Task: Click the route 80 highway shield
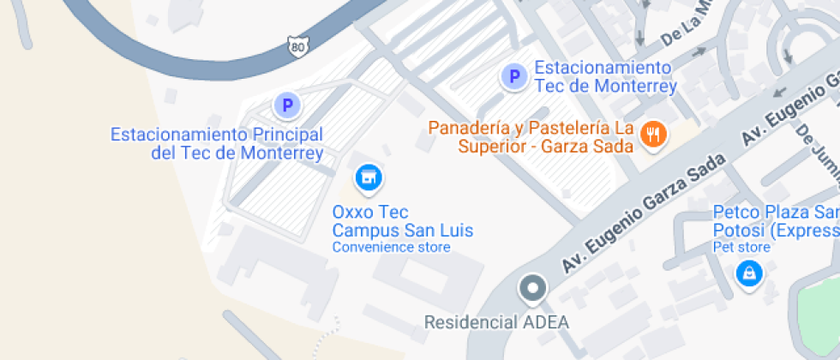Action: (x=297, y=47)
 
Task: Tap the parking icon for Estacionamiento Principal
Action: (x=287, y=106)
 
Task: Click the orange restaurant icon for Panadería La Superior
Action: (x=654, y=133)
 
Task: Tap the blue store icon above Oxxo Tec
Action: (x=369, y=177)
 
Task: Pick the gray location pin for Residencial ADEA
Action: (x=533, y=288)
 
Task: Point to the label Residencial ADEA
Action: (x=496, y=323)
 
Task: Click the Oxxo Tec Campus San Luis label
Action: (x=402, y=221)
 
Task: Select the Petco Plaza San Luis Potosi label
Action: (x=776, y=221)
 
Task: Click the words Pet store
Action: (x=741, y=248)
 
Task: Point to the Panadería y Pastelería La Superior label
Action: (x=531, y=137)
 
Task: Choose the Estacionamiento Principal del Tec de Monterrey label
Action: (x=217, y=144)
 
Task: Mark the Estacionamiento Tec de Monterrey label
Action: (x=605, y=76)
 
